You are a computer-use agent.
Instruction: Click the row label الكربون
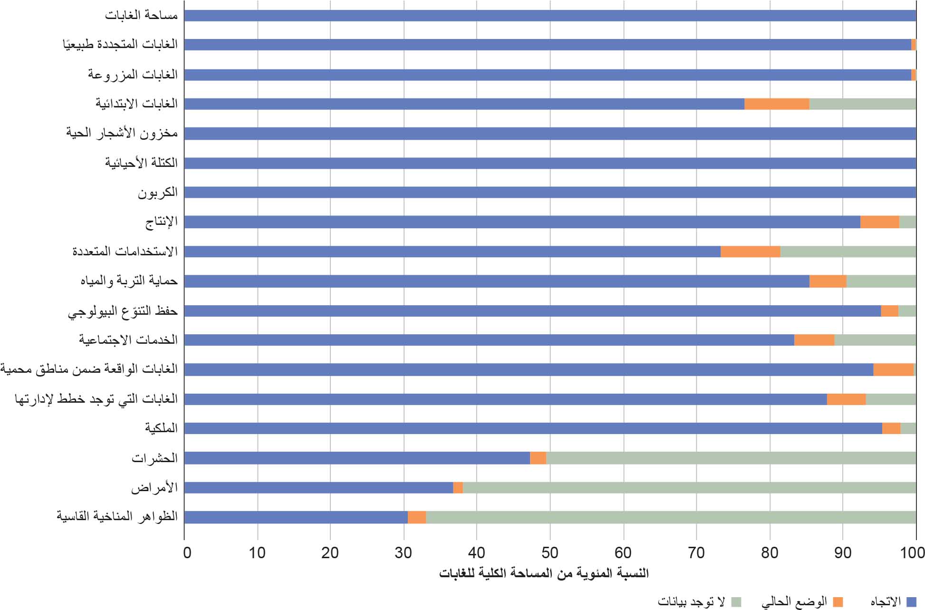click(x=157, y=193)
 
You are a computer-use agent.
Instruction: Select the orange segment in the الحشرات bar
click(x=538, y=458)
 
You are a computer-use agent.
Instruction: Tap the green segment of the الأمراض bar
click(x=689, y=487)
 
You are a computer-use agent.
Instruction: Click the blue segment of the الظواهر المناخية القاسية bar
click(x=296, y=517)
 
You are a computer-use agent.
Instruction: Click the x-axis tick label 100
click(x=912, y=552)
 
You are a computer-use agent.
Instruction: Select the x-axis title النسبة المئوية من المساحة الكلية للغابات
click(x=544, y=573)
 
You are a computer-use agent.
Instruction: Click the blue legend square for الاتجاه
click(x=911, y=602)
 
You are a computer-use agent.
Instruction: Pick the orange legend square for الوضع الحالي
click(x=838, y=602)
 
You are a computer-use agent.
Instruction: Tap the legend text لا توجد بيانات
click(x=691, y=602)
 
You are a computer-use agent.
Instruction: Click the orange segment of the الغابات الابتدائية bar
click(x=777, y=104)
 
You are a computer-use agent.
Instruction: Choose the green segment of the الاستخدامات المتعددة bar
click(x=848, y=252)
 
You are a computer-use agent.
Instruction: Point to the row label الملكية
click(x=161, y=428)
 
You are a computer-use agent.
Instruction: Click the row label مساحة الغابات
click(x=141, y=15)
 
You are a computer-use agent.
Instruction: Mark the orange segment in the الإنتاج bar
click(x=879, y=222)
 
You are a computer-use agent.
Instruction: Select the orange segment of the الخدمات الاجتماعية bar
click(x=814, y=340)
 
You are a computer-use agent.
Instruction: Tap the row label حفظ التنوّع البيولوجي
click(x=123, y=311)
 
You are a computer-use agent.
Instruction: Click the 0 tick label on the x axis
click(x=187, y=552)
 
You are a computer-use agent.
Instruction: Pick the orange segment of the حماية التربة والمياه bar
click(x=828, y=281)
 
